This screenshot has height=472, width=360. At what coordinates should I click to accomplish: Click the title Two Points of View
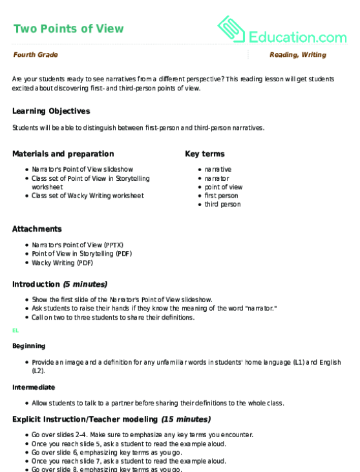(68, 28)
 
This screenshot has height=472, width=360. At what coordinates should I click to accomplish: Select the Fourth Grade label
(35, 55)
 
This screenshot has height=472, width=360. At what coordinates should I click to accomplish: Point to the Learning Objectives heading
(51, 111)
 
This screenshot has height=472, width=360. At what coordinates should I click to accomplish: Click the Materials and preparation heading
(63, 154)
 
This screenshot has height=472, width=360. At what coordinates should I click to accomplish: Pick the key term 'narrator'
(217, 178)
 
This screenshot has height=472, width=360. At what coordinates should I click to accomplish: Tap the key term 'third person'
(222, 204)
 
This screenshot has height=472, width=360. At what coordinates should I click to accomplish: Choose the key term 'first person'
(222, 196)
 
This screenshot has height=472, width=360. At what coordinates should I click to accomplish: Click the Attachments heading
(37, 229)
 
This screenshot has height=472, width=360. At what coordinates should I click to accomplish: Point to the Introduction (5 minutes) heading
(59, 283)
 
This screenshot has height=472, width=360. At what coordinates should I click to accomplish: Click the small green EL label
(15, 330)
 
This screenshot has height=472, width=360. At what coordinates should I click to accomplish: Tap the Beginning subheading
(28, 345)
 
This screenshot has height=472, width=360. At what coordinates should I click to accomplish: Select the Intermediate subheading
(33, 387)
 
